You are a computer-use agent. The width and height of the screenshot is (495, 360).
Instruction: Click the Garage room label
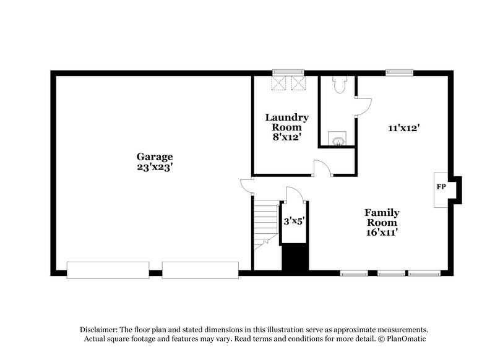[155, 156]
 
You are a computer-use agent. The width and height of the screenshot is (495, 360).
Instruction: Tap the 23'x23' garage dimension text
[155, 167]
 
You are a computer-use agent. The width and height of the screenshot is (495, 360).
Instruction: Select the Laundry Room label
[286, 122]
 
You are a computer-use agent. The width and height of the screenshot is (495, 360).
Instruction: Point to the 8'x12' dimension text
[286, 137]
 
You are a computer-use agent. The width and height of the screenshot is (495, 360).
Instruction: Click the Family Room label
[381, 217]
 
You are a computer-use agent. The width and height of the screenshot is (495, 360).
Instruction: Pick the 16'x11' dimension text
[381, 233]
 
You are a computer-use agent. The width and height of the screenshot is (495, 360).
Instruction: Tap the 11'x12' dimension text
[404, 128]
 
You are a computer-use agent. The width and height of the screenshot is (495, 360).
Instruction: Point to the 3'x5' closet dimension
[293, 220]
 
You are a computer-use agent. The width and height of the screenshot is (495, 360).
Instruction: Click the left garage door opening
[108, 270]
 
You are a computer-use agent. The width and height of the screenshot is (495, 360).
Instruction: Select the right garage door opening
[200, 270]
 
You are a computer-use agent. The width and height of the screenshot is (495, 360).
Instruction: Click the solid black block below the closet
[295, 257]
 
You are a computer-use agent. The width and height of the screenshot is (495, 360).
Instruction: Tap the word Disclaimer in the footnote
[99, 330]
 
